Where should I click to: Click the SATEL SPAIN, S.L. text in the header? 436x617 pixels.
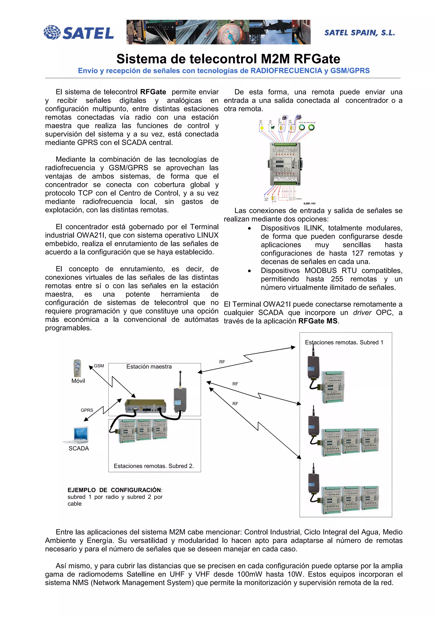pos(359,33)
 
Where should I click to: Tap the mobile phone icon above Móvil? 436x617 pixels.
pos(77,368)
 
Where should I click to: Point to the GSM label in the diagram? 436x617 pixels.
pos(99,366)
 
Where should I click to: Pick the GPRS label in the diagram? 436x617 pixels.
pos(87,410)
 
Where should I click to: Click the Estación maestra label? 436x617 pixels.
pos(149,367)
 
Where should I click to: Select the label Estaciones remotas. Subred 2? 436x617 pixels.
pos(154,466)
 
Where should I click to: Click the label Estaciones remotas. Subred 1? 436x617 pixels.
pos(344,342)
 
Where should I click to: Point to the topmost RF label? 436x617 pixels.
pos(222,362)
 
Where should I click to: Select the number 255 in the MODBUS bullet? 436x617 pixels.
pos(337,279)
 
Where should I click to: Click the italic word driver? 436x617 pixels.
pos(362,313)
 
